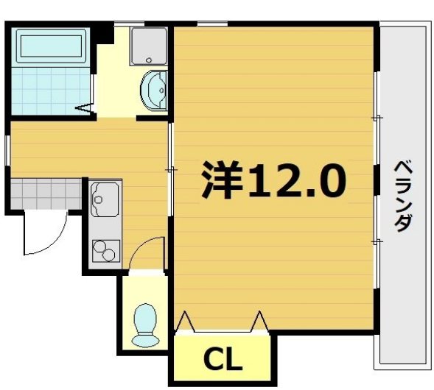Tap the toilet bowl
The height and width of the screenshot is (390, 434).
coord(144,325)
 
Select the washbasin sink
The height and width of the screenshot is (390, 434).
coord(155,90)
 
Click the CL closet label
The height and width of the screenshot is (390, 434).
coord(223,361)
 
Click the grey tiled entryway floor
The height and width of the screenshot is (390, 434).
coord(44,194)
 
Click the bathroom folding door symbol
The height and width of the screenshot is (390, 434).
coord(86,110)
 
